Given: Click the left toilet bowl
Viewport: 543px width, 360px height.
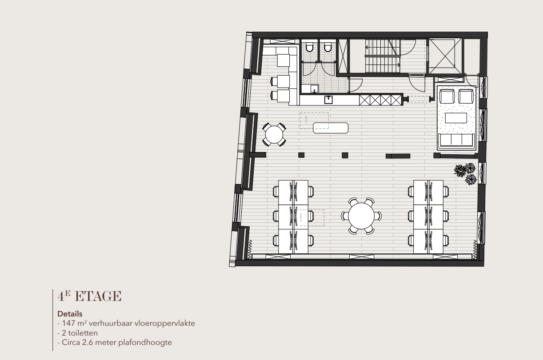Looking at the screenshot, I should click(310, 47).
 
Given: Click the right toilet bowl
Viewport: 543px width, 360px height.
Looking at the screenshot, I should click(328, 47).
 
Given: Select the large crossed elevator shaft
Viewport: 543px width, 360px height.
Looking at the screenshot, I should click(444, 56).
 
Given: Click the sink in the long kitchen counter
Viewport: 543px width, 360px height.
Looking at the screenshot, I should click(328, 99).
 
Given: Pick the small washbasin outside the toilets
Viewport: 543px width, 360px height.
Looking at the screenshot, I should click(314, 88).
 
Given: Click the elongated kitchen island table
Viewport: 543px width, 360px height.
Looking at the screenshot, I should click(331, 128).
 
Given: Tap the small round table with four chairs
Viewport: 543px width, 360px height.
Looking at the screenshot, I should click(274, 134).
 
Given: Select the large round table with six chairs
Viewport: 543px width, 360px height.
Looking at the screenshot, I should click(361, 216).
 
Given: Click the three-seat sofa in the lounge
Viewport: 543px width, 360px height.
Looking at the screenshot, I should click(456, 140).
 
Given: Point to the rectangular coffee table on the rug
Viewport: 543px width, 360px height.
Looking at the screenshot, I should click(456, 118).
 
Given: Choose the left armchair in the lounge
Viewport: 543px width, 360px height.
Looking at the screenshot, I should click(447, 96).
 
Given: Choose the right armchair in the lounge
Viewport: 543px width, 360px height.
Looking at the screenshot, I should click(466, 96).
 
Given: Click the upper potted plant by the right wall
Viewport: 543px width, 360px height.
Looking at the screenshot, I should click(463, 169).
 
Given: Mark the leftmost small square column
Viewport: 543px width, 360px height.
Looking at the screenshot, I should click(301, 155).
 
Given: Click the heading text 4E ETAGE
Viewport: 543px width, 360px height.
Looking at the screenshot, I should click(89, 296).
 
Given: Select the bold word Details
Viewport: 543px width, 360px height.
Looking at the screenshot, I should click(70, 314).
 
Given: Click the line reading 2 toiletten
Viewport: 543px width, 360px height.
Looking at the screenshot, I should click(78, 333).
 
